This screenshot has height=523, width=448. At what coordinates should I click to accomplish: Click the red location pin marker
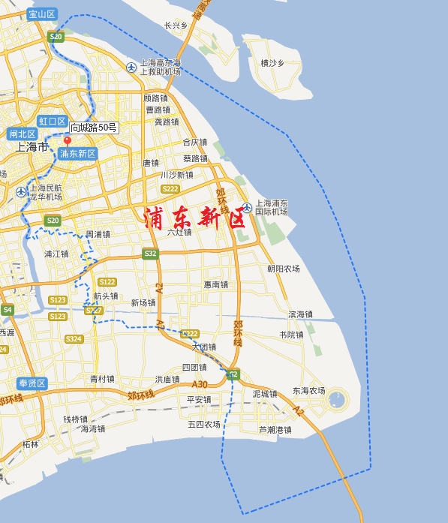[67, 141]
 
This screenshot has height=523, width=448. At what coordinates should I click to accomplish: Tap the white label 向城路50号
[94, 128]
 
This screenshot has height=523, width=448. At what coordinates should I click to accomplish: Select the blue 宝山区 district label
[42, 14]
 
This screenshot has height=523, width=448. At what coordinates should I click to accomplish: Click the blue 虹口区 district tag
[53, 122]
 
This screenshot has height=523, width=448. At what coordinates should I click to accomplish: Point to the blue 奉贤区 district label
[32, 383]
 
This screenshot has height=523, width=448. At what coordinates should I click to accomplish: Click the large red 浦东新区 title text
[194, 218]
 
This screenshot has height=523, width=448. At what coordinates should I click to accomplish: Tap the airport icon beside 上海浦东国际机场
[246, 207]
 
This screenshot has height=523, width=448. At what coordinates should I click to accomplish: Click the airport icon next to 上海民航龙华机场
[20, 191]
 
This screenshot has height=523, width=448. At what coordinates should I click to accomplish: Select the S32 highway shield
[151, 254]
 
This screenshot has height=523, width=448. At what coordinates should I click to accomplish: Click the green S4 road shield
[8, 309]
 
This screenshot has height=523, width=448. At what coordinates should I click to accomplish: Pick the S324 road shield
[73, 339]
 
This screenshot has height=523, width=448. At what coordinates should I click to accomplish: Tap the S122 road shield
[107, 281]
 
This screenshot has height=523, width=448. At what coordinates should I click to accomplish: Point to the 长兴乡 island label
[176, 26]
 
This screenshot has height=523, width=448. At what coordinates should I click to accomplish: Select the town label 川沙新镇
[177, 175]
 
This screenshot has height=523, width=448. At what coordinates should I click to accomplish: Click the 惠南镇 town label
[215, 285]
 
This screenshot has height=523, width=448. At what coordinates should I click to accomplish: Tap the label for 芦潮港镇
[275, 430]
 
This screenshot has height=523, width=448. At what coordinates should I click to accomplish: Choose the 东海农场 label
[308, 391]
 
